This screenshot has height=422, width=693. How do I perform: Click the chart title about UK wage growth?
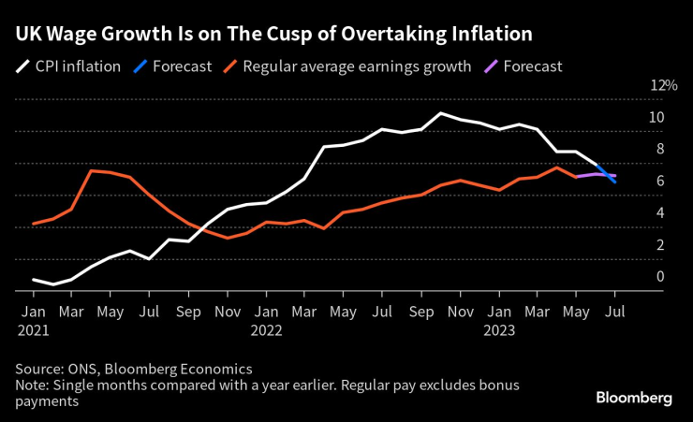pyautogui.click(x=273, y=35)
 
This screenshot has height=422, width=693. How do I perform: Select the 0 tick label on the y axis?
pyautogui.click(x=660, y=276)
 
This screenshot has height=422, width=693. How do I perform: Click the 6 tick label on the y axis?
pyautogui.click(x=660, y=181)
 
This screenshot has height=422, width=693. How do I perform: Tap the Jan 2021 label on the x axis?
pyautogui.click(x=33, y=319)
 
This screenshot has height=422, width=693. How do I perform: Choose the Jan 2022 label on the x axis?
pyautogui.click(x=267, y=319)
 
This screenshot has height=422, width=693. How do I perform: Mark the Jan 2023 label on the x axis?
pyautogui.click(x=498, y=319)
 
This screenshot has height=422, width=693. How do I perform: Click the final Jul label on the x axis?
pyautogui.click(x=615, y=311)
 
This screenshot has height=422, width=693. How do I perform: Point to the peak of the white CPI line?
pyautogui.click(x=439, y=113)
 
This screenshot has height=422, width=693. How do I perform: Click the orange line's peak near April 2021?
pyautogui.click(x=92, y=170)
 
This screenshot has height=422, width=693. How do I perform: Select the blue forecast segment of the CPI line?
pyautogui.click(x=607, y=172)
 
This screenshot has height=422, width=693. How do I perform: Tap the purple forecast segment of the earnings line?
pyautogui.click(x=596, y=175)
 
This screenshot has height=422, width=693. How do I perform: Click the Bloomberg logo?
pyautogui.click(x=634, y=398)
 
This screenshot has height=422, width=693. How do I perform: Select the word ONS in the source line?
pyautogui.click(x=86, y=370)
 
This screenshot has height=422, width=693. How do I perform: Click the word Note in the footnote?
pyautogui.click(x=31, y=386)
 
